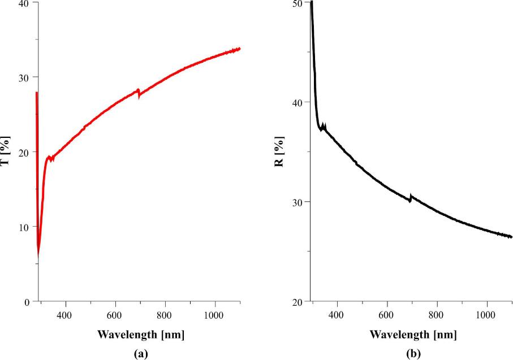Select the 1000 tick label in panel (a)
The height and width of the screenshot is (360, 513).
pos(215,314)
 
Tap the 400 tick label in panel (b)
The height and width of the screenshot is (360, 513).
pos(337,314)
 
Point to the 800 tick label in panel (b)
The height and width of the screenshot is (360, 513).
pos(437,314)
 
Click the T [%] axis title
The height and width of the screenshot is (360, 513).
pos(5,151)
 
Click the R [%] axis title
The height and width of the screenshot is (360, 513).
pos(278,151)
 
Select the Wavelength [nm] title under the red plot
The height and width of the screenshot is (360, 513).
pos(140,334)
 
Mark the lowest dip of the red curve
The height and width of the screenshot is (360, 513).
pos(38,254)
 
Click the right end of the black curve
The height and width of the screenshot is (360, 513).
pos(511,237)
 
